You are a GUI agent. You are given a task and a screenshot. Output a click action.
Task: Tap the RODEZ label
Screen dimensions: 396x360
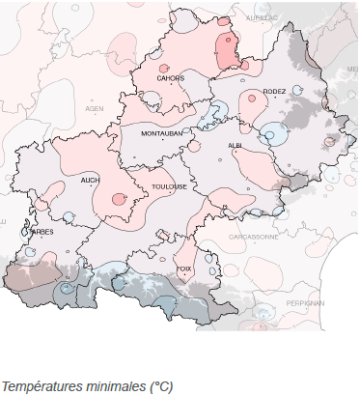click(274, 91)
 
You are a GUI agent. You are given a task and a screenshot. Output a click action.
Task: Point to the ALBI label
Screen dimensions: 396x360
click(235, 145)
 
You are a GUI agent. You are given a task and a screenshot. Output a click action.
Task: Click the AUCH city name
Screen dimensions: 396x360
click(90, 180)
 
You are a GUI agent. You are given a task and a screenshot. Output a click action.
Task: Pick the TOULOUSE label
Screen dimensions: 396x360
click(168, 185)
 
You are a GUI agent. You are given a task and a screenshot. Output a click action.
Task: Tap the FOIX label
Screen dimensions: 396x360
click(184, 269)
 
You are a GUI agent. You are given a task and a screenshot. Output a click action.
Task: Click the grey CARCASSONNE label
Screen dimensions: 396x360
click(254, 237)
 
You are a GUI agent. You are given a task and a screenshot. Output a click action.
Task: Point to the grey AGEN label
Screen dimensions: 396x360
click(95, 108)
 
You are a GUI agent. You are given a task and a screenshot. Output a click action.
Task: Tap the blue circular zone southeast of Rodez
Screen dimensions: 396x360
click(274, 133)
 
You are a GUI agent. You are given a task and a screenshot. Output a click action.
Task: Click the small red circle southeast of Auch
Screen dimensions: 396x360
click(119, 199)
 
